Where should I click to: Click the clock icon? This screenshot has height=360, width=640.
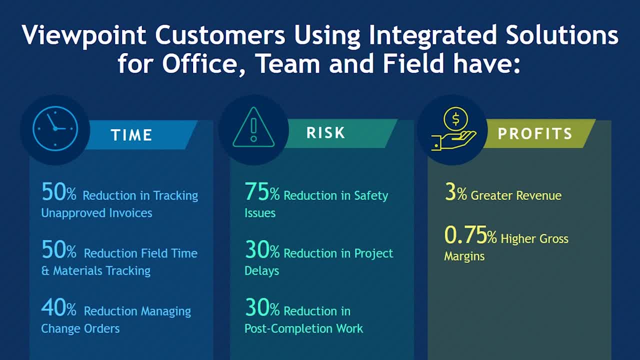click(x=55, y=128)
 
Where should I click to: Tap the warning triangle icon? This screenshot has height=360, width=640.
click(x=253, y=127)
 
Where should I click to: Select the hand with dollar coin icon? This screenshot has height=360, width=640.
click(x=453, y=129)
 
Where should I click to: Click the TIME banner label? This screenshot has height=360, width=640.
click(x=131, y=135)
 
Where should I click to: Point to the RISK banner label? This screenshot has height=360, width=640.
click(x=325, y=132)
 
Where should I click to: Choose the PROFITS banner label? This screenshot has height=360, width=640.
click(x=535, y=133)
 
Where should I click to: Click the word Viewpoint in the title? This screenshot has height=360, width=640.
click(x=84, y=35)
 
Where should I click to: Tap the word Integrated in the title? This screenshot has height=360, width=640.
click(x=432, y=35)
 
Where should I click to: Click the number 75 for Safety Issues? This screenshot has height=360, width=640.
click(x=257, y=191)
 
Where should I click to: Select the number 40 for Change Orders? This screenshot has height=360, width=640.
click(x=53, y=307)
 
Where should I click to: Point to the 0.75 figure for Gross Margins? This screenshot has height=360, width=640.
click(x=465, y=235)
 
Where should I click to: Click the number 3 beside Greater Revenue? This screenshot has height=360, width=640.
click(x=450, y=191)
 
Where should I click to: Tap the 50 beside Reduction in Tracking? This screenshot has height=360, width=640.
click(x=53, y=191)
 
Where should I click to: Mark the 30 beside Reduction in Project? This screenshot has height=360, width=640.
click(x=257, y=249)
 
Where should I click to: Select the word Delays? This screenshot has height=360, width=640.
click(x=261, y=271)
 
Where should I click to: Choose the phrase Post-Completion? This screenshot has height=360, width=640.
click(x=288, y=329)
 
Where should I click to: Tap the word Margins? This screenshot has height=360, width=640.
click(x=464, y=256)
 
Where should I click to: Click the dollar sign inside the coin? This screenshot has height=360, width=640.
click(x=456, y=119)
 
